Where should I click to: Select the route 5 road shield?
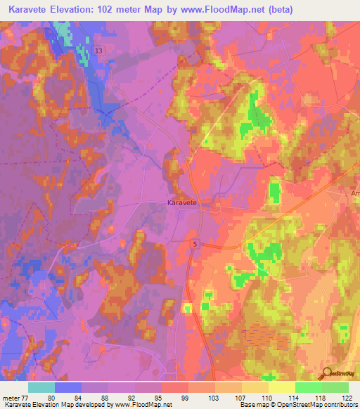click(x=195, y=242)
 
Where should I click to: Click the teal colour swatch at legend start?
click(x=41, y=387)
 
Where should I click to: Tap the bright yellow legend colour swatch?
click(x=282, y=387)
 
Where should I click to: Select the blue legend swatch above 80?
click(x=68, y=387)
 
